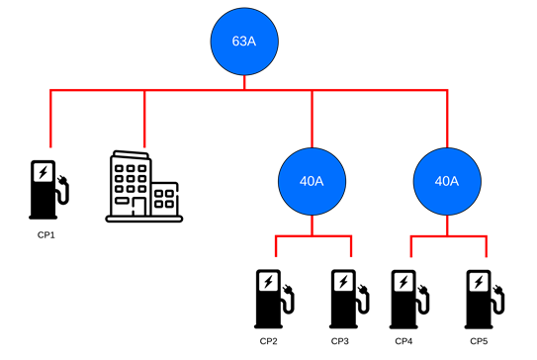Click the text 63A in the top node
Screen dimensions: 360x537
coord(244,42)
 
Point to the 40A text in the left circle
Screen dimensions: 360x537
coord(313,181)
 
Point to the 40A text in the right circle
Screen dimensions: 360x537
coord(447,181)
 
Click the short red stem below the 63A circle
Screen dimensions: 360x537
coord(244,82)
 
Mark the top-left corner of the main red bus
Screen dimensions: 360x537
coord(51,90)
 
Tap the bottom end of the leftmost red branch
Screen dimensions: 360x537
coord(51,145)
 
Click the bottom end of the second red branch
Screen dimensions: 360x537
coord(144,145)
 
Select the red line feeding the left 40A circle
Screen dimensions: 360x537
coord(313,119)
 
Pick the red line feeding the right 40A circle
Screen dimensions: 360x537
coord(447,119)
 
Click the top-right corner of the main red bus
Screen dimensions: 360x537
coord(447,90)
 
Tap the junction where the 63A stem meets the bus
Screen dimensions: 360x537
coord(244,90)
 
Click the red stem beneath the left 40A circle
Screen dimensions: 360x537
coord(313,225)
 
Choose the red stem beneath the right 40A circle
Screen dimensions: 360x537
coord(447,225)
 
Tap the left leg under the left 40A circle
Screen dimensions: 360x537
coord(276,247)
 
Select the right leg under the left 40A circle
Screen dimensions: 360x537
coord(351,247)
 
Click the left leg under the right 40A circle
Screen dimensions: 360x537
coord(411,247)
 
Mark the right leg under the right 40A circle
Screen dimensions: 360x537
coord(487,247)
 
